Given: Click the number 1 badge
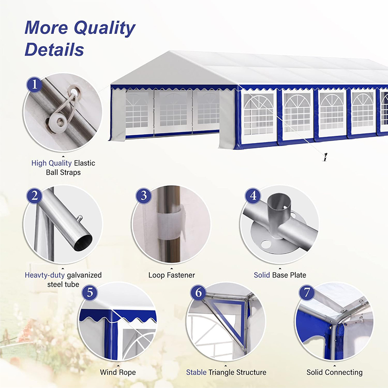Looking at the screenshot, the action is [34, 84].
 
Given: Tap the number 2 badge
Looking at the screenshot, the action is [34, 196].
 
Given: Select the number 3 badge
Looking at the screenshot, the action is [144, 196].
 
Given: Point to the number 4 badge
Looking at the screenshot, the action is [253, 196].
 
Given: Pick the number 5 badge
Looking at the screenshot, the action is [90, 293].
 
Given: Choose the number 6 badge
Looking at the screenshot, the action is [198, 293].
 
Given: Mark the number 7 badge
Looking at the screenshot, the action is [307, 293].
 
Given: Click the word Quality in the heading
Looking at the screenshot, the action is [104, 28].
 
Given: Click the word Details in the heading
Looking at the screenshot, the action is [54, 49].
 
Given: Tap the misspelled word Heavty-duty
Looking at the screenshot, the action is [45, 275].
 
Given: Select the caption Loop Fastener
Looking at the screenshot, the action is [172, 275].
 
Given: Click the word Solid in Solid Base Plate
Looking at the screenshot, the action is [262, 275].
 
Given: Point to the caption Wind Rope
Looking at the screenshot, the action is [118, 372].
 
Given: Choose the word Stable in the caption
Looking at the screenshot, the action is [196, 372].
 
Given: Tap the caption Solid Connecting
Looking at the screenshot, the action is [335, 372].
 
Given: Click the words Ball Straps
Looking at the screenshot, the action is [64, 173].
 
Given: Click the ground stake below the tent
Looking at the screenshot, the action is [325, 157].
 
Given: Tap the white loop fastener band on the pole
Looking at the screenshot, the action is [171, 222].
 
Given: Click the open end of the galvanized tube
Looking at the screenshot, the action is [83, 242].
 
